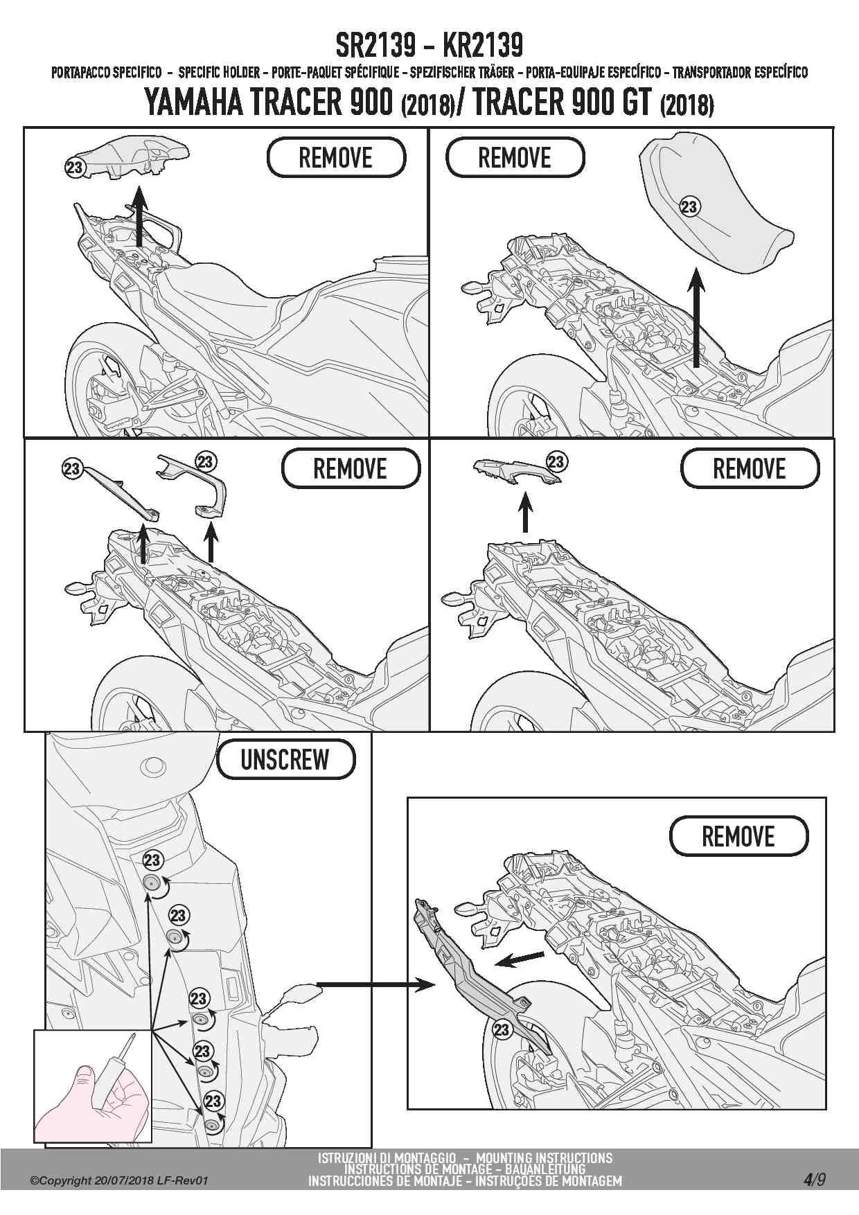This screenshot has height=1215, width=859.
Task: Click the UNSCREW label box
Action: [x=285, y=760]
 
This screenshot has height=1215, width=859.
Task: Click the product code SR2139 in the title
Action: [x=376, y=46]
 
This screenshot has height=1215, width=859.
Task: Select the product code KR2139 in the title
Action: [x=482, y=46]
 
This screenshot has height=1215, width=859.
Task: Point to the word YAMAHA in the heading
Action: [x=193, y=102]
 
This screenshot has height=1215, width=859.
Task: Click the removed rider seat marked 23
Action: [x=714, y=208]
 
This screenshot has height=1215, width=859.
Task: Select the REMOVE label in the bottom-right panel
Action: [x=738, y=836]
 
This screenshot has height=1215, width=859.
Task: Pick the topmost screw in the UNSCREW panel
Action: [x=150, y=883]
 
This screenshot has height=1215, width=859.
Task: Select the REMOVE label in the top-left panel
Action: [x=336, y=157]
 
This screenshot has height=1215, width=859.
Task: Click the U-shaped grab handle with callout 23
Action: [x=193, y=486]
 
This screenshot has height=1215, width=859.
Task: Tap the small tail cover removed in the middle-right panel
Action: [x=517, y=472]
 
